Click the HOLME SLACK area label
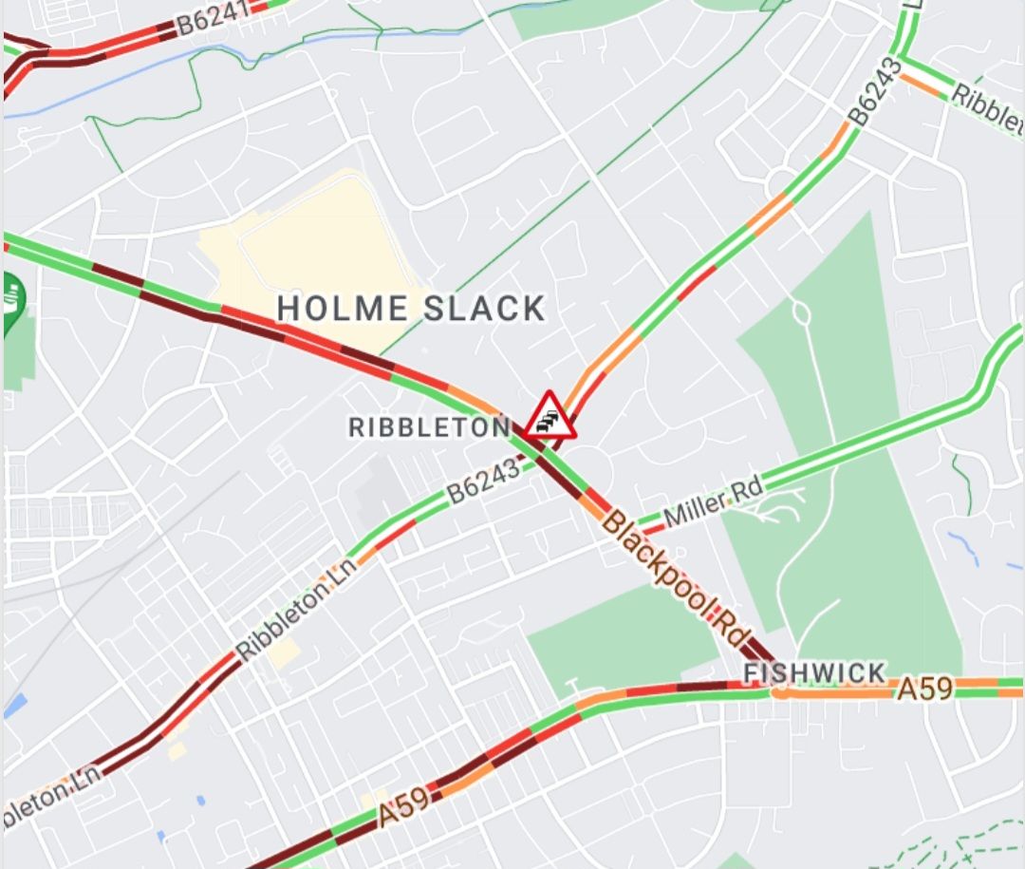tap(411, 308)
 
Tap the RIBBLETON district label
tap(429, 427)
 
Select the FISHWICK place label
tap(814, 673)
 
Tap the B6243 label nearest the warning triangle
tap(485, 481)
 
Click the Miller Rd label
tap(714, 502)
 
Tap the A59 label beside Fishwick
tap(924, 689)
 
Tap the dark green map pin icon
tap(12, 301)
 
